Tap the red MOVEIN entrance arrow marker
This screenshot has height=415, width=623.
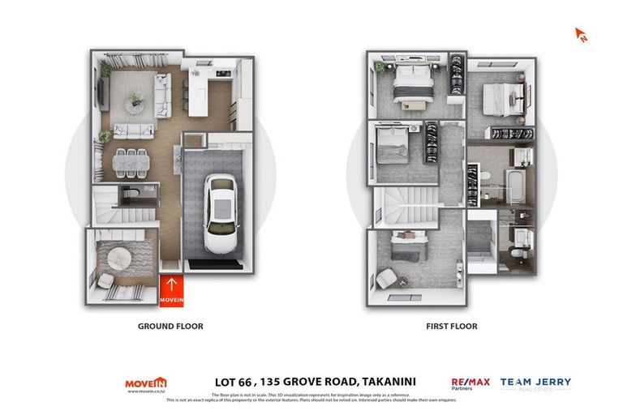(x=171, y=291)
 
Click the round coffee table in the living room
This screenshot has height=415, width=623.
(x=135, y=100)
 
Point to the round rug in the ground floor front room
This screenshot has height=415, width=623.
(x=119, y=258)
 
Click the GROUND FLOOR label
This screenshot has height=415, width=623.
(x=170, y=327)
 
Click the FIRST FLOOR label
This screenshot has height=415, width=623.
(x=451, y=327)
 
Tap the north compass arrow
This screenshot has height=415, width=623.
(x=581, y=35)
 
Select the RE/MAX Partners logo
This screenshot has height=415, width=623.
(x=470, y=383)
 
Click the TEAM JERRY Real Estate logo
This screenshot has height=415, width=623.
(x=535, y=383)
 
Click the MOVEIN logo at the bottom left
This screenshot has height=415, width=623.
(x=146, y=383)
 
